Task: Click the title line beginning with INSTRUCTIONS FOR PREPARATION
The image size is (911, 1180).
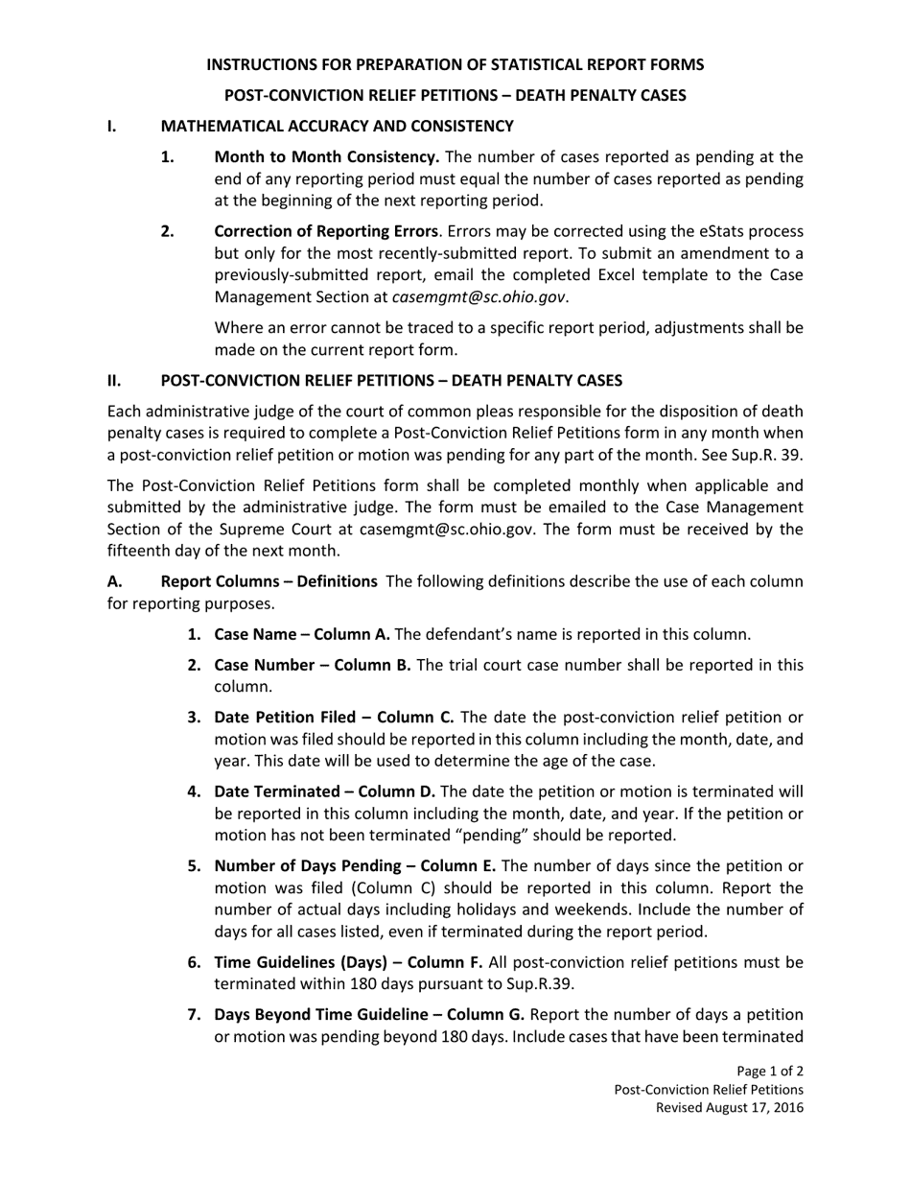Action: click(455, 64)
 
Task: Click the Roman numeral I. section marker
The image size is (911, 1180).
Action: click(112, 126)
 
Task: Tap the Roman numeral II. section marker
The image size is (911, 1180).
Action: click(114, 379)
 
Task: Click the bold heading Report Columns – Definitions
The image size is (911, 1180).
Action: click(269, 580)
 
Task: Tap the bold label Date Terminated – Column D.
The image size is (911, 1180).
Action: click(324, 791)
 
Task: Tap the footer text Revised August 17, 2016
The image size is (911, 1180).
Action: click(729, 1107)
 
